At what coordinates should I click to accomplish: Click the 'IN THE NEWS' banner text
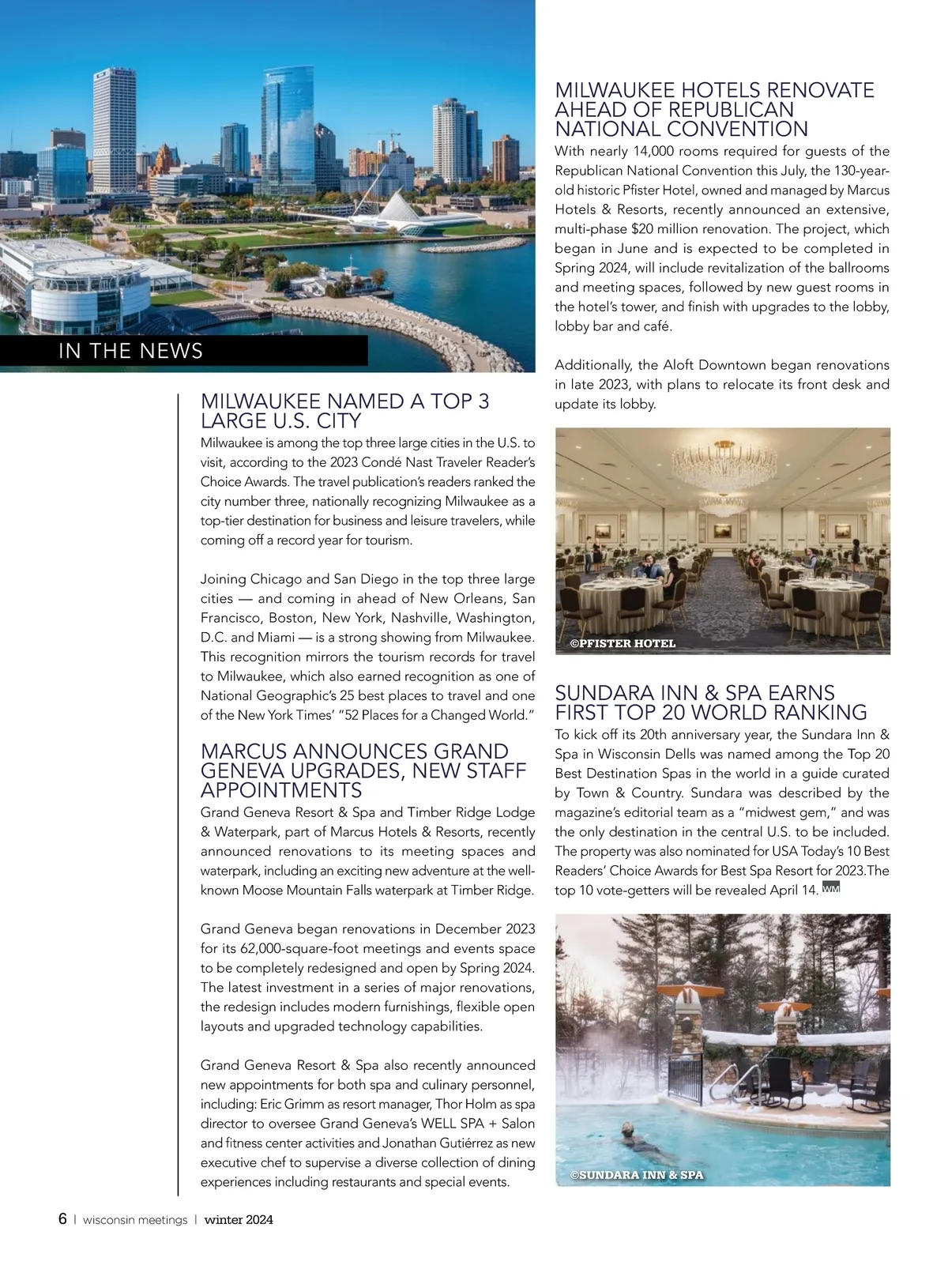[x=130, y=352]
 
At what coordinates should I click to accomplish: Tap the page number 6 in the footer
[x=62, y=1219]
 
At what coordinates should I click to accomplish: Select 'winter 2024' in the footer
[x=239, y=1220]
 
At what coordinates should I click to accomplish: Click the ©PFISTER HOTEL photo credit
[x=623, y=643]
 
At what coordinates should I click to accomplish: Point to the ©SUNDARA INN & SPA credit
[x=636, y=1175]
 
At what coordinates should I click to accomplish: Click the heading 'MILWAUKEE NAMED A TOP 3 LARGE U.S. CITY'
[x=344, y=411]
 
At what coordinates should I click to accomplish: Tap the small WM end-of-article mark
[x=830, y=889]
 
